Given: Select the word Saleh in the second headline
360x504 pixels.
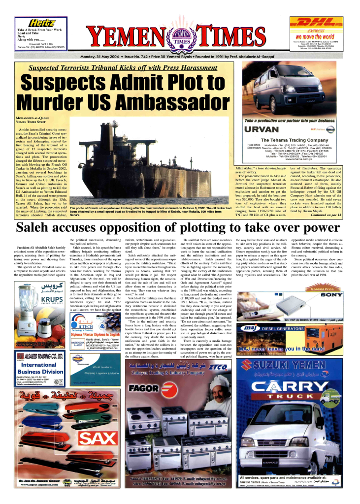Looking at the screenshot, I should click(39, 228).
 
